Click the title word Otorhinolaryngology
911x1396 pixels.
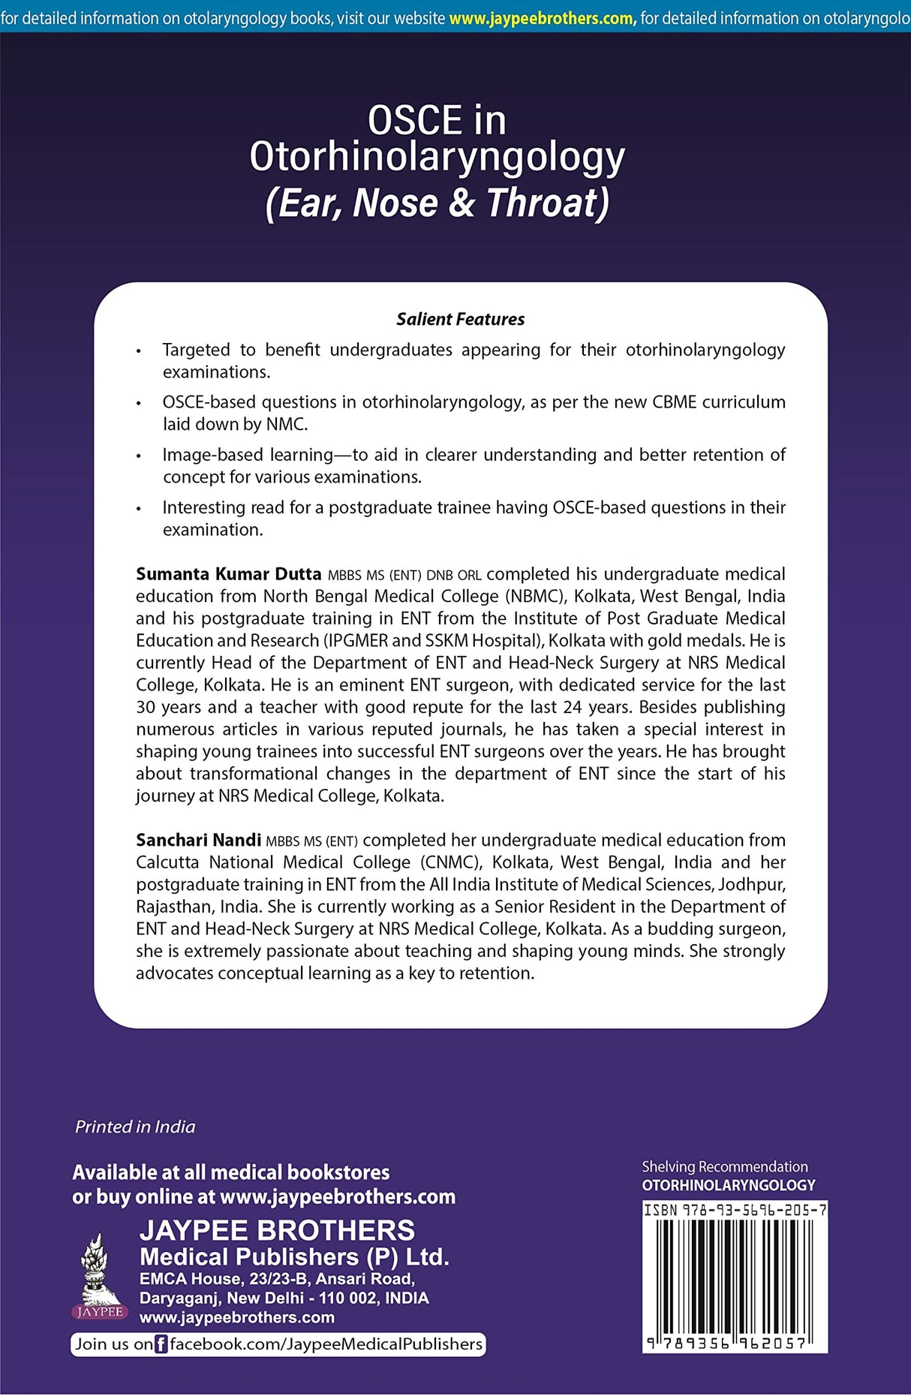tap(437, 158)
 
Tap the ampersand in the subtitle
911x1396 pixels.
tap(462, 203)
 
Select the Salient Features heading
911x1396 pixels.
tap(460, 319)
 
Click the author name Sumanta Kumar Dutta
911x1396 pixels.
tap(228, 574)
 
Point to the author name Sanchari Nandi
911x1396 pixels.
tap(198, 840)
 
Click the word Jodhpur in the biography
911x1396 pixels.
tap(753, 884)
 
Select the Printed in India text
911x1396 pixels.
tap(135, 1127)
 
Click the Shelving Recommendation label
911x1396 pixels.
tap(724, 1166)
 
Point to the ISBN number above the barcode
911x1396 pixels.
tap(735, 1210)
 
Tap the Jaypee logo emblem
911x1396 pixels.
tap(98, 1272)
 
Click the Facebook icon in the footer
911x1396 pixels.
tap(161, 1344)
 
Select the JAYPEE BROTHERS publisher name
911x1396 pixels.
tap(277, 1231)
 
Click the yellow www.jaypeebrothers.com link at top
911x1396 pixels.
tap(541, 18)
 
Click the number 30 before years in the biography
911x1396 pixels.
tap(146, 707)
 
